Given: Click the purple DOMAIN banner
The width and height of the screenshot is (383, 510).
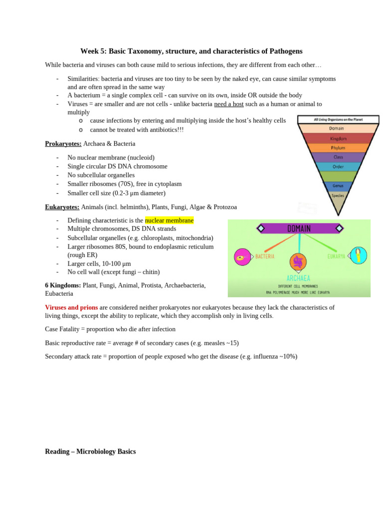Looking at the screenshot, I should click(x=299, y=229).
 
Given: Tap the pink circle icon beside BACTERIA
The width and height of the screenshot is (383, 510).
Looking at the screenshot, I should click(x=243, y=257).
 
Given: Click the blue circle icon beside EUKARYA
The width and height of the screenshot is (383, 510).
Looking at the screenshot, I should click(x=359, y=255).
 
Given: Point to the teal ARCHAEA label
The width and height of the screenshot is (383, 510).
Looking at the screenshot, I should click(x=299, y=278).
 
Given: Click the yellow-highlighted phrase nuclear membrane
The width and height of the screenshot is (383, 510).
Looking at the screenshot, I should click(x=169, y=220).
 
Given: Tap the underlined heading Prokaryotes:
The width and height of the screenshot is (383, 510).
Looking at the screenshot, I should click(x=63, y=144).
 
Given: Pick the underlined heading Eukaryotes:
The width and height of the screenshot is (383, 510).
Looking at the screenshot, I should click(x=62, y=207).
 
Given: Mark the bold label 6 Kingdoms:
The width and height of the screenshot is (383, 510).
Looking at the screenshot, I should click(x=63, y=285).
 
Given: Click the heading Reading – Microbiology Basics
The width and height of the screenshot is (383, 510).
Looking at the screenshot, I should click(x=90, y=452).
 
